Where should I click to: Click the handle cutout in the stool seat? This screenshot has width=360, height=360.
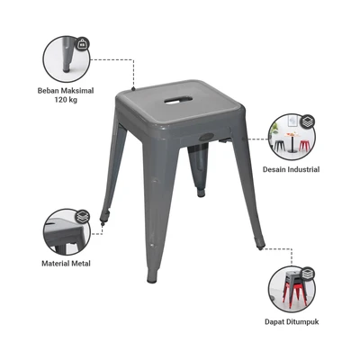point(178,100)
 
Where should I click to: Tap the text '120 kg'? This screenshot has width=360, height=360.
point(66,100)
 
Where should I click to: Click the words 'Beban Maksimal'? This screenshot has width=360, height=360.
point(66,90)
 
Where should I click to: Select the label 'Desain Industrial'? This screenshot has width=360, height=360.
point(291,169)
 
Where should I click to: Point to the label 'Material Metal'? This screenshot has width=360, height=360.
point(66,264)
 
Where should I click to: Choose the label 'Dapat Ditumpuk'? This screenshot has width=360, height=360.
point(292,322)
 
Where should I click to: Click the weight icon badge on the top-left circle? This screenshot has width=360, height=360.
point(82,44)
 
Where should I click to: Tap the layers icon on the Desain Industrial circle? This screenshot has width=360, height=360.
point(307,121)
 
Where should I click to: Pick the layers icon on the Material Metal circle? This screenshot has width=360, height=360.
point(83,216)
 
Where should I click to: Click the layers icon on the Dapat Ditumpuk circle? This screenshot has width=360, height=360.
point(307,274)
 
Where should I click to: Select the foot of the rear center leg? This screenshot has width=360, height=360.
point(201,193)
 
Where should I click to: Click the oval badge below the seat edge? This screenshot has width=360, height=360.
point(206,137)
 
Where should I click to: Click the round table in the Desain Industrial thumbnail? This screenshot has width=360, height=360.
point(292,143)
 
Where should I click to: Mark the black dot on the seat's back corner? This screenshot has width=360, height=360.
point(133,88)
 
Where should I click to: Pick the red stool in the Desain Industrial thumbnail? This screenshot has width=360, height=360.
point(304,146)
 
